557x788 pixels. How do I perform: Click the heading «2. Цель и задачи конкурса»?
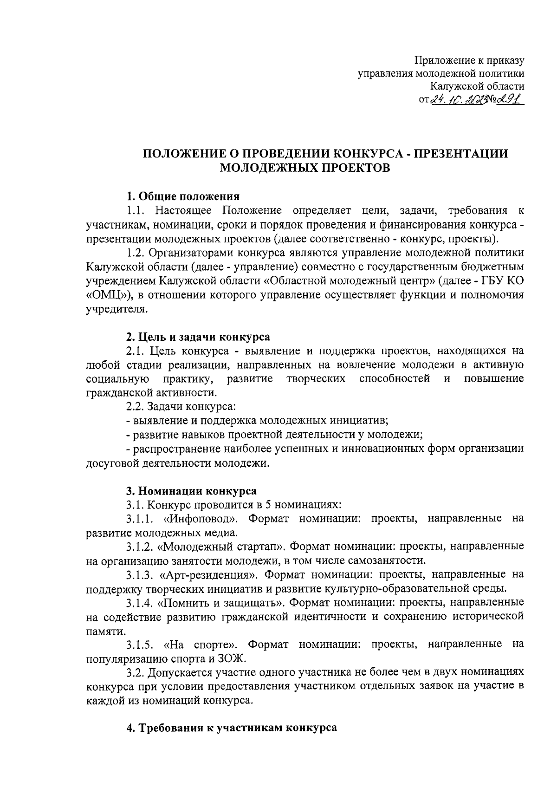(x=198, y=336)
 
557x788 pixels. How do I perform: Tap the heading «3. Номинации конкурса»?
(x=191, y=491)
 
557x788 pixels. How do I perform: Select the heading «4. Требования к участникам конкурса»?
(x=232, y=728)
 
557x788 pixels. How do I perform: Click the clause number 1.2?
(x=136, y=253)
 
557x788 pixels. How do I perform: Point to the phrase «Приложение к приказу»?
(x=469, y=60)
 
